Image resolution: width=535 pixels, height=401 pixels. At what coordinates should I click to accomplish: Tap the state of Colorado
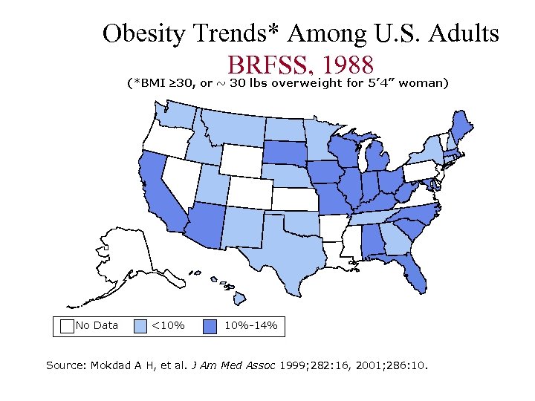[x=248, y=192]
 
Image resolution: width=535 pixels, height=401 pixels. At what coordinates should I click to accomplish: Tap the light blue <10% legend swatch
[x=140, y=325]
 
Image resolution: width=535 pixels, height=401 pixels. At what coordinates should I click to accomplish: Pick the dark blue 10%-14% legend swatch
[x=210, y=325]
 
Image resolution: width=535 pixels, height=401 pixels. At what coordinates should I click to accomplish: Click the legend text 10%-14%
[x=250, y=325]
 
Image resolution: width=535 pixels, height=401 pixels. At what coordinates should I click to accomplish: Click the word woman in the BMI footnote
[x=423, y=82]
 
